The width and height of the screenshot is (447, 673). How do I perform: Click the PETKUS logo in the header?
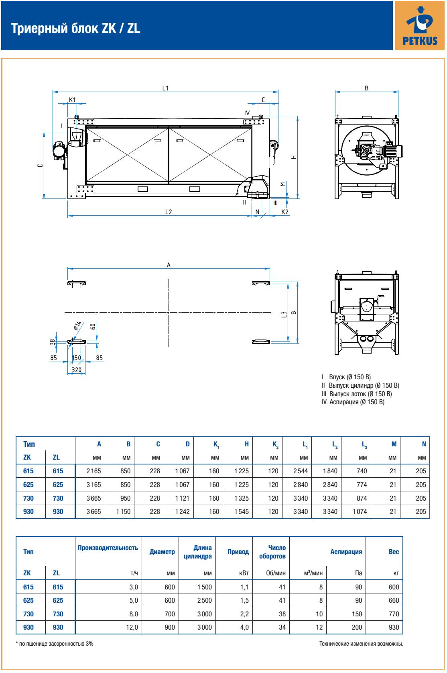420,25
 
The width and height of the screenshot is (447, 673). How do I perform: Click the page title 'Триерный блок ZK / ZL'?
76,29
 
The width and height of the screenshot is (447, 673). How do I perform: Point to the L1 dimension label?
165,88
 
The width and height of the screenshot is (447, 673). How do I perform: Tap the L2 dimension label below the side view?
169,212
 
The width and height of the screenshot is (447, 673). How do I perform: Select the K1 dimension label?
72,99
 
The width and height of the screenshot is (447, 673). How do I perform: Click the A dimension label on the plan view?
169,265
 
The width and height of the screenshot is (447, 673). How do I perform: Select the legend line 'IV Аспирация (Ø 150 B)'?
353,402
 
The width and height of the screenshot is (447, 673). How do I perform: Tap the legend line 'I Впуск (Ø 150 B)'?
346,377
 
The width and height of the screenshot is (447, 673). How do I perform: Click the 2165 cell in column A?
94,471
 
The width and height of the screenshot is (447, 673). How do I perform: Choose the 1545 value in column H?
242,511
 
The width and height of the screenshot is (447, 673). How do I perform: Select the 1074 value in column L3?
360,511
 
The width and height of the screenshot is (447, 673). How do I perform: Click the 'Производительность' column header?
108,548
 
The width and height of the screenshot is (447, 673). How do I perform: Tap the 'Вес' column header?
394,552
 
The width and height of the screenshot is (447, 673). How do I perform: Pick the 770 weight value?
394,614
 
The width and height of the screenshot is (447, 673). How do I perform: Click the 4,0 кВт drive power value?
244,627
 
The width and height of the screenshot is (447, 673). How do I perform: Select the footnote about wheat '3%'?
55,644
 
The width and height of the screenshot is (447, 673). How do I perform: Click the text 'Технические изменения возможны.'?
361,644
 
